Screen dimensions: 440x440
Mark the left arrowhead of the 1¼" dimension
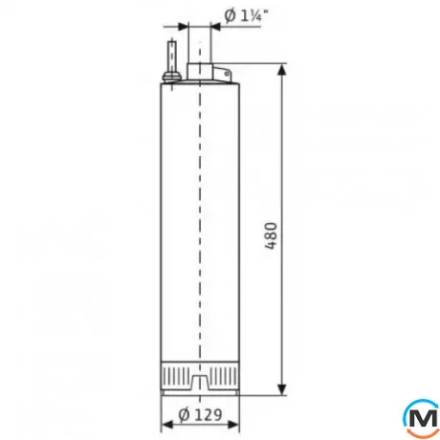[188, 26]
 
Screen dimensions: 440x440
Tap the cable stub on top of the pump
[170, 55]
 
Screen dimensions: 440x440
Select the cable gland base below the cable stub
[170, 79]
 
